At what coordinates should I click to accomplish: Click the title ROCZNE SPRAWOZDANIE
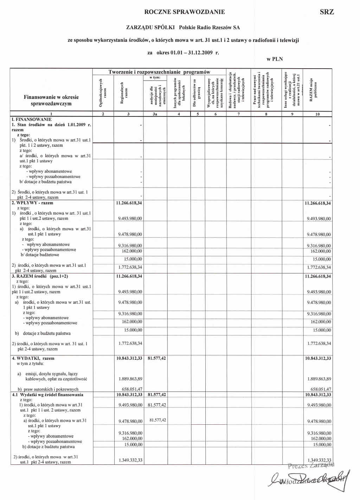click(x=185, y=12)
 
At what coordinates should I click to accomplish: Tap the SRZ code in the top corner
click(x=327, y=12)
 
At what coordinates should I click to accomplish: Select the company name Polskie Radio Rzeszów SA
click(x=210, y=27)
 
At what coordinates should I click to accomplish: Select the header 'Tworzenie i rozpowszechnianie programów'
click(x=159, y=72)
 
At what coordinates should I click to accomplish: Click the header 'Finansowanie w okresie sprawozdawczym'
click(x=51, y=100)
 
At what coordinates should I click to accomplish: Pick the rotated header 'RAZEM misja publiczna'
click(x=313, y=90)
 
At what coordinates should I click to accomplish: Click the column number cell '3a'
click(x=155, y=114)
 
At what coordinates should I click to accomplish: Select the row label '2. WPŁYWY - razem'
click(x=32, y=203)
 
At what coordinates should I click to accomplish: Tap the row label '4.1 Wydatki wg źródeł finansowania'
click(x=48, y=395)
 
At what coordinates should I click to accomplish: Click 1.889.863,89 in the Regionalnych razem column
click(x=130, y=379)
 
